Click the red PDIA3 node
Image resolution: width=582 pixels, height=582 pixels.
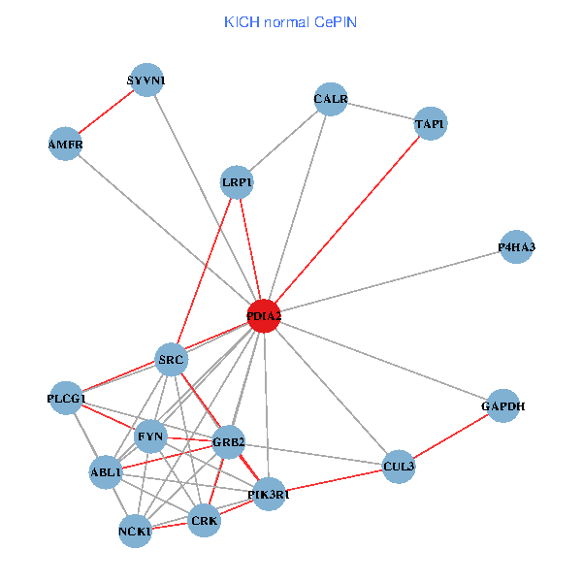(264, 316)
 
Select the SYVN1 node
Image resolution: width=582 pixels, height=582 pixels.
(146, 81)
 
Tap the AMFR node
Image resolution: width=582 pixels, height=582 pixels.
(66, 145)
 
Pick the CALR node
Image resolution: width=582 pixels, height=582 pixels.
(331, 99)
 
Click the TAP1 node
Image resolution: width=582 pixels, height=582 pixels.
(430, 124)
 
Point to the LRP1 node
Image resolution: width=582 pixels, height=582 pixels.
(237, 182)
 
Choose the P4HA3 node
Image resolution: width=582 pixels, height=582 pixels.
(516, 247)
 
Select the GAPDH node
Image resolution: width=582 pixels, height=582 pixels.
(502, 406)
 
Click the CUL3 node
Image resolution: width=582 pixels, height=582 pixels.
(399, 467)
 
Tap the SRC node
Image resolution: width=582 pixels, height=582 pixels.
(172, 361)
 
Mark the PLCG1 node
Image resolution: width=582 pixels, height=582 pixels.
(67, 399)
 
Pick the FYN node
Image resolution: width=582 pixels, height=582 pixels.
(150, 436)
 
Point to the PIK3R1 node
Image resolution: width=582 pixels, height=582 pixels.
(268, 495)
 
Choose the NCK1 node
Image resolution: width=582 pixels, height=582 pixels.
(135, 532)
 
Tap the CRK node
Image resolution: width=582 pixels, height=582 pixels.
(205, 521)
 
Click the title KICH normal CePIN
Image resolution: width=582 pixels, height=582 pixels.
(290, 21)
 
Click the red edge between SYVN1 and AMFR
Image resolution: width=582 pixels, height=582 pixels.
(107, 113)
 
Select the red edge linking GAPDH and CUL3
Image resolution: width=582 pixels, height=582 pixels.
(451, 436)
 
